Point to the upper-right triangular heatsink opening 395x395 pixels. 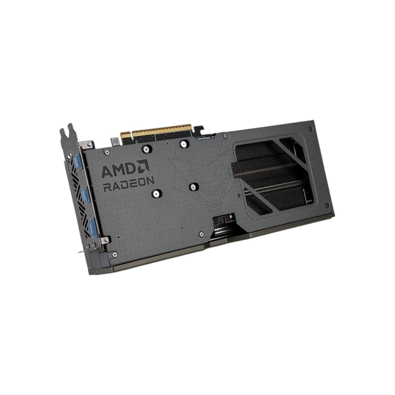(x=292, y=147)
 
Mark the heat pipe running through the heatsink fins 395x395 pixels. (x=276, y=189)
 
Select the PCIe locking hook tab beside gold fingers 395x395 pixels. (x=201, y=130)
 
